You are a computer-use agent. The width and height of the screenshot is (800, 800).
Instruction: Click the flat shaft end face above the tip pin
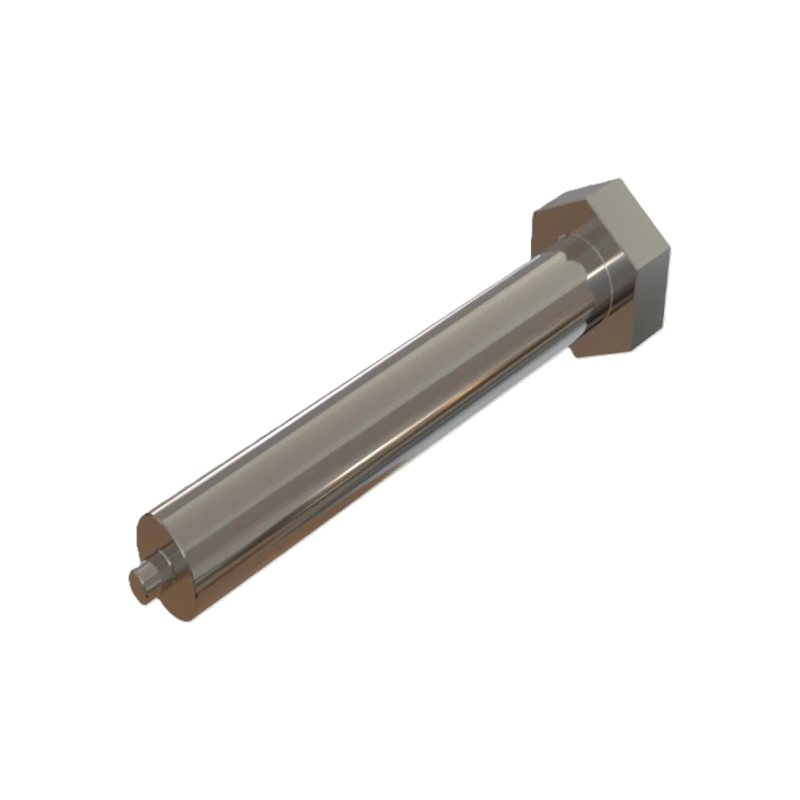pyautogui.click(x=152, y=533)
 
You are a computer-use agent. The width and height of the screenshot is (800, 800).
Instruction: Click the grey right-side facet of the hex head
pyautogui.click(x=652, y=296)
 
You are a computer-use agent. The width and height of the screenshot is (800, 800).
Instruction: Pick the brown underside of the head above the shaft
pyautogui.click(x=552, y=228)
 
